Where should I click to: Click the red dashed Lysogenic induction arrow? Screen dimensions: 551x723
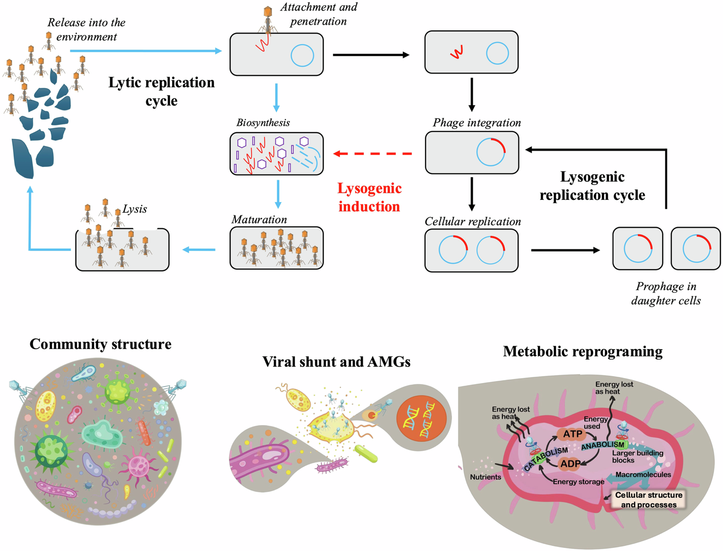373,153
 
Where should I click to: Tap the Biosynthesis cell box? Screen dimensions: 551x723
276,154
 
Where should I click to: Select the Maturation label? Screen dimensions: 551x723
259,220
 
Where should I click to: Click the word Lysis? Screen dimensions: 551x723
135,209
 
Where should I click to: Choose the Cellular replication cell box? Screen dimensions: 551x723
471,250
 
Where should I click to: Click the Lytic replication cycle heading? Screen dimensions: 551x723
161,91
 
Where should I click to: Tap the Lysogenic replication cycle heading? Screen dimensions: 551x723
592,186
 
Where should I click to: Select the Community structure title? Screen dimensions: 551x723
100,344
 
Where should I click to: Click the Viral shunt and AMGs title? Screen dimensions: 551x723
336,362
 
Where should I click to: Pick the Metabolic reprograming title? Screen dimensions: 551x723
582,352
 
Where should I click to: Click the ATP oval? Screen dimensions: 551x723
572,434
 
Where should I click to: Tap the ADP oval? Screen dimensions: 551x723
570,463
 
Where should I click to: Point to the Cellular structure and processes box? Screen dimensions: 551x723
648,499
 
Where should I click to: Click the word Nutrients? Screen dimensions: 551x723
485,477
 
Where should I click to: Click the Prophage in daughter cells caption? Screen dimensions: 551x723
666,293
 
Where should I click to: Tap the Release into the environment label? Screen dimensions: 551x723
87,29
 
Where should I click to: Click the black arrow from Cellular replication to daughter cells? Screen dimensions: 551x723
565,250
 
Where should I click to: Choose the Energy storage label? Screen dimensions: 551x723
578,482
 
